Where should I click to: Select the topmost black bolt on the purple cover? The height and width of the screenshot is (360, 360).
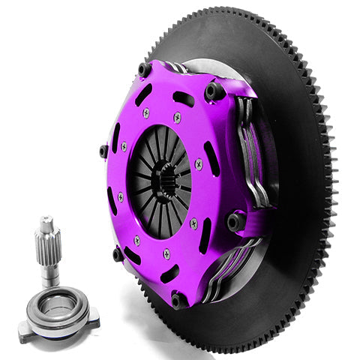[x=144, y=70]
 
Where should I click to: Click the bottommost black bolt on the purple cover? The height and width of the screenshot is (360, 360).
[x=178, y=300]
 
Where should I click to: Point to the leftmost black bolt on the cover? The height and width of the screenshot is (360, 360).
[x=103, y=151]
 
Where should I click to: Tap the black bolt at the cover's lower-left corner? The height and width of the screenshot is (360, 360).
[x=118, y=254]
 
